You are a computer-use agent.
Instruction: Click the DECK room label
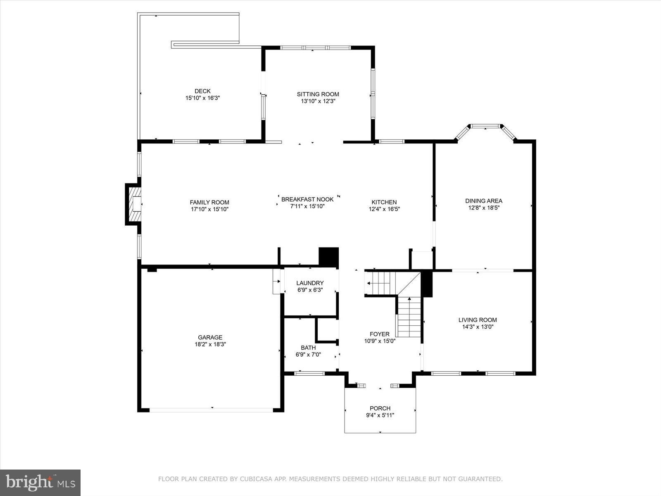point(202,91)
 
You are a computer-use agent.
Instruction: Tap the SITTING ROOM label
point(318,94)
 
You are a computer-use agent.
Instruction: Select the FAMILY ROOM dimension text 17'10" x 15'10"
point(209,209)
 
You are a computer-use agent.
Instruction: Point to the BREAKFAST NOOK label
point(307,199)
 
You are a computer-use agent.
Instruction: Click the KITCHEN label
point(384,202)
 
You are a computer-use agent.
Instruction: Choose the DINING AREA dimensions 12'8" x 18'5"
point(484,207)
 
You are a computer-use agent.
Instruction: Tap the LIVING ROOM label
point(478,320)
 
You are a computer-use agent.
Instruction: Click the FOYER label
point(379,334)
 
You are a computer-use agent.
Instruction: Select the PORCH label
point(380,408)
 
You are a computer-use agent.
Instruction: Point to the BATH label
point(308,348)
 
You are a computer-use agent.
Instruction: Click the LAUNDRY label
point(310,283)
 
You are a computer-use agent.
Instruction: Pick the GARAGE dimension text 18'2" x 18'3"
point(210,344)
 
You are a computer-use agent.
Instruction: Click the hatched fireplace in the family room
point(135,205)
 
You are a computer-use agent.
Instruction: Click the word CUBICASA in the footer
point(253,479)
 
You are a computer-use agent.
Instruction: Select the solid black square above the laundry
point(328,257)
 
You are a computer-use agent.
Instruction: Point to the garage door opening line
point(211,410)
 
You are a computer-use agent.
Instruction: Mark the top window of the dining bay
point(485,126)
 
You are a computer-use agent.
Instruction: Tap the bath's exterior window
point(309,373)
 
